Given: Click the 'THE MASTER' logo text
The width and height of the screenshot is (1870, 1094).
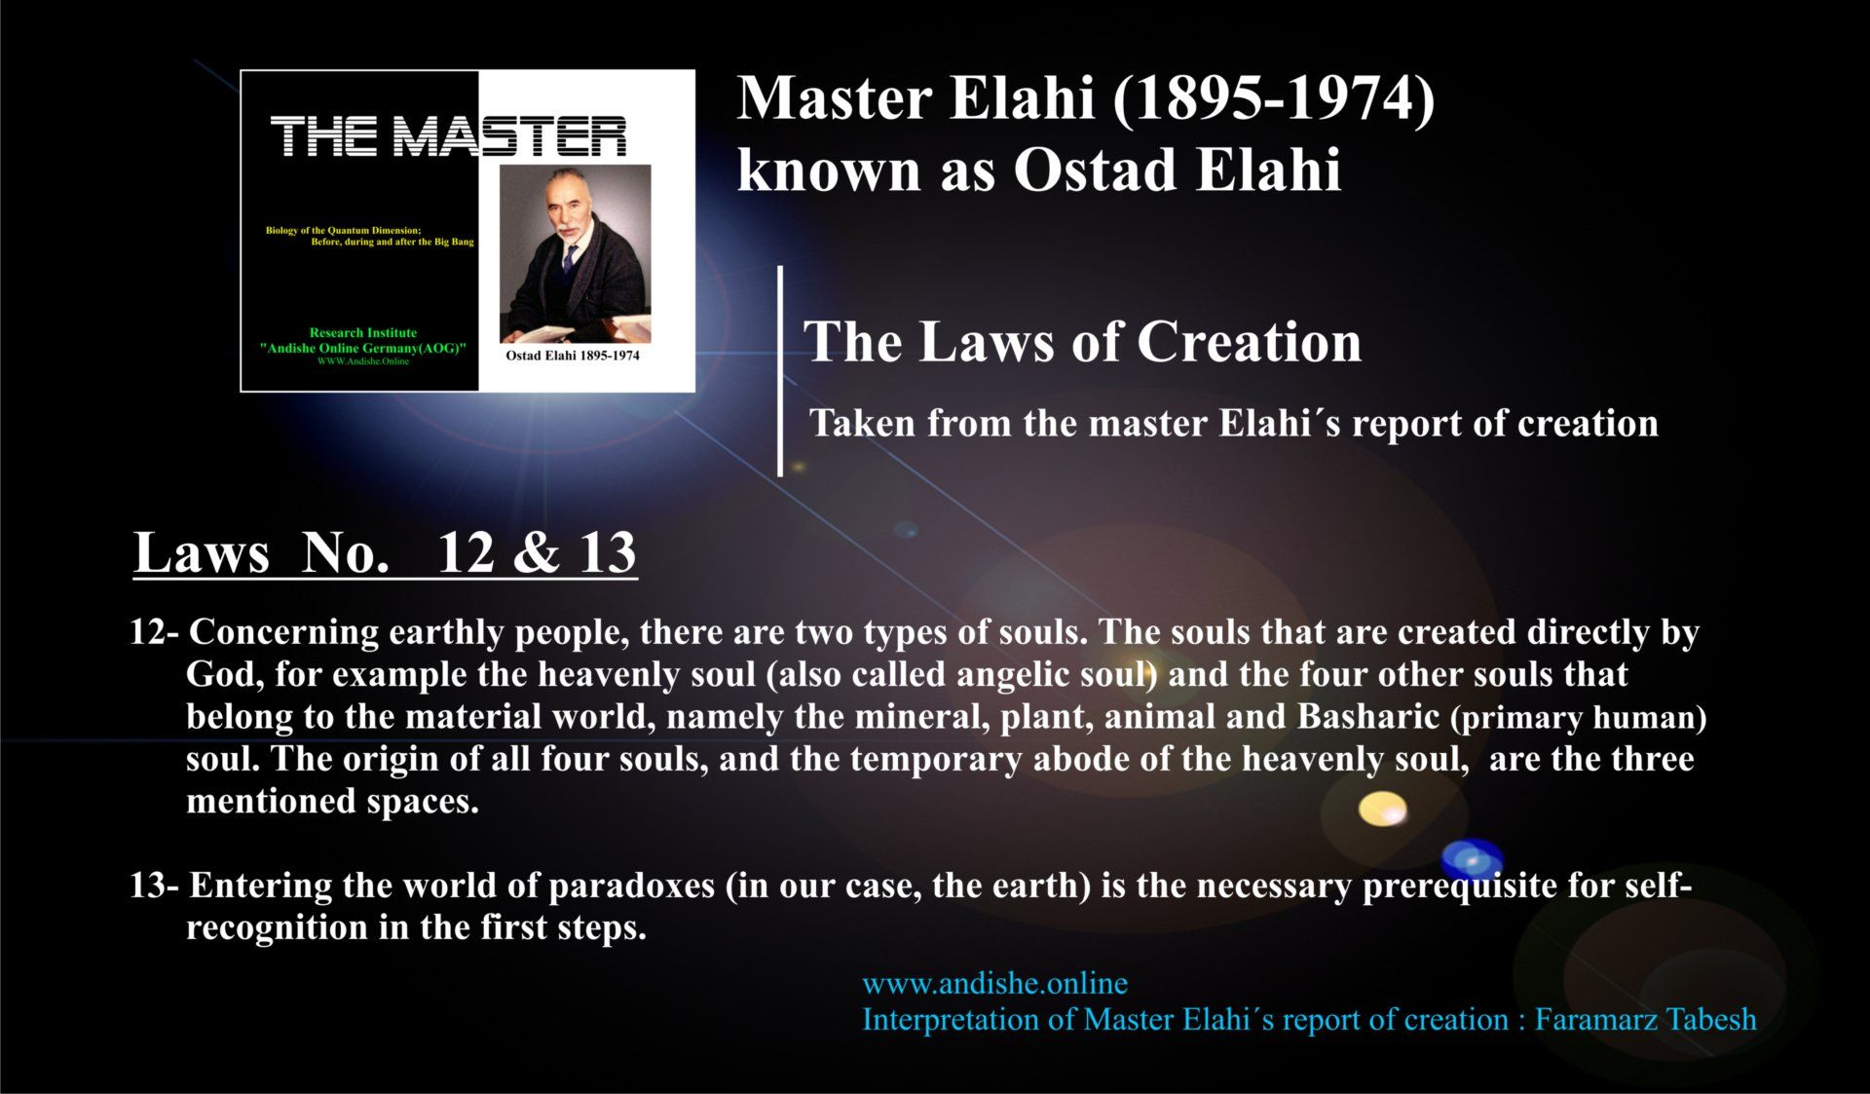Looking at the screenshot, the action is click(449, 136).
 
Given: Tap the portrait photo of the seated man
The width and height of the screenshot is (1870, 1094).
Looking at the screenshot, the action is click(576, 253).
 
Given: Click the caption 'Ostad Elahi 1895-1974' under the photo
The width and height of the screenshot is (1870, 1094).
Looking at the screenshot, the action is click(573, 356).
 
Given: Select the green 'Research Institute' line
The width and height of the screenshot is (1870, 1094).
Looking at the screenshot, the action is click(363, 333).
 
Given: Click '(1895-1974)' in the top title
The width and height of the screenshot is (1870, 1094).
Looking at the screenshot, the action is click(1273, 100).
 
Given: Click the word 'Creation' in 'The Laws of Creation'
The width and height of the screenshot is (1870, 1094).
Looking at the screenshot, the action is click(1249, 342).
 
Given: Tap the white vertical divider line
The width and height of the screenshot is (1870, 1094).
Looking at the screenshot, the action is click(780, 370).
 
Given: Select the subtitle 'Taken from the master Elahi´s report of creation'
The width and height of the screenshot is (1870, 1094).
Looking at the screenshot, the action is click(1234, 424).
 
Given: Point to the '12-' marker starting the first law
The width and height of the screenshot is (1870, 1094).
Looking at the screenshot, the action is click(154, 632).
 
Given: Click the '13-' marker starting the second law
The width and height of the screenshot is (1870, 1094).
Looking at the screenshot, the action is click(154, 886).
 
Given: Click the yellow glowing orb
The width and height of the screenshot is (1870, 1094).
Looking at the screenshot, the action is click(1383, 809).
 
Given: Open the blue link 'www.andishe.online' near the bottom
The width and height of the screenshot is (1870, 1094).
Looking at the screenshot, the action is click(994, 984).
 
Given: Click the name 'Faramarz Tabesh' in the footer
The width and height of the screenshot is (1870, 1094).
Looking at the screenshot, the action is click(1646, 1020).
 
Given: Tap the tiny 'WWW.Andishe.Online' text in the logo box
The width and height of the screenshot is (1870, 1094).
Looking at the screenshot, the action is click(363, 361).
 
